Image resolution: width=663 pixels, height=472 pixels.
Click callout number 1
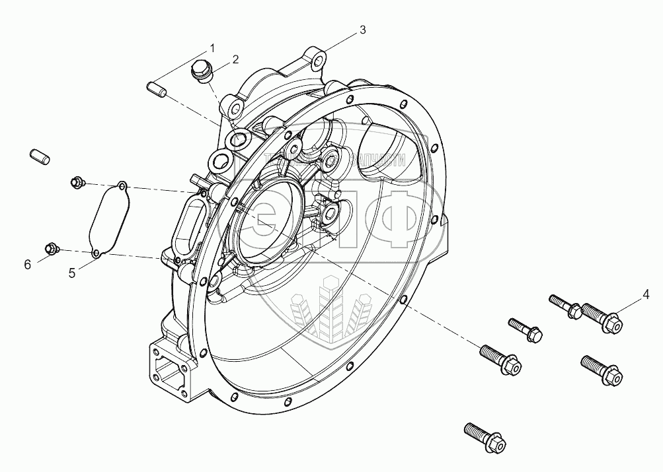[x=213, y=48]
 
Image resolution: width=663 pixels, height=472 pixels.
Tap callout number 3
[x=363, y=30]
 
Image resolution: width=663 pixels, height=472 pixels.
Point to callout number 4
[x=646, y=293]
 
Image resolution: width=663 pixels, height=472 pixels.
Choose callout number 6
[x=27, y=265]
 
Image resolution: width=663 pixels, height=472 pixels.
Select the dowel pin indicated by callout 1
[x=157, y=88]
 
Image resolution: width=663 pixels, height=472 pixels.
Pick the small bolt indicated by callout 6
[x=52, y=248]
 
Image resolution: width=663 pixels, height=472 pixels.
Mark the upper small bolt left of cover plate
[x=77, y=181]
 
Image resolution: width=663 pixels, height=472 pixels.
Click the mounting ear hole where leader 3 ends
[x=319, y=61]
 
